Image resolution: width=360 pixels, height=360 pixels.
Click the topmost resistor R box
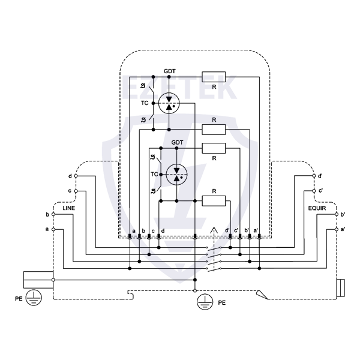(x=214, y=76)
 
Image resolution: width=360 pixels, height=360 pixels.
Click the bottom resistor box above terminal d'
(x=214, y=200)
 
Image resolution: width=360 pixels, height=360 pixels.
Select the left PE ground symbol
(x=36, y=296)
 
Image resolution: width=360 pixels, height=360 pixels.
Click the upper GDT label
(x=170, y=71)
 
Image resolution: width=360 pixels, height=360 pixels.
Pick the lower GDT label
(x=177, y=142)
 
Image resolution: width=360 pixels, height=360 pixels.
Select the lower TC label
(x=154, y=174)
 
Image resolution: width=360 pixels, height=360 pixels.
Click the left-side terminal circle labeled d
(x=76, y=176)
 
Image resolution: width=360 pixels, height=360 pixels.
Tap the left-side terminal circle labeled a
(x=53, y=229)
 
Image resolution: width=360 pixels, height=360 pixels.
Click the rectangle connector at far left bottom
(x=38, y=280)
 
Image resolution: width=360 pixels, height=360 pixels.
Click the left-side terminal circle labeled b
(x=53, y=214)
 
